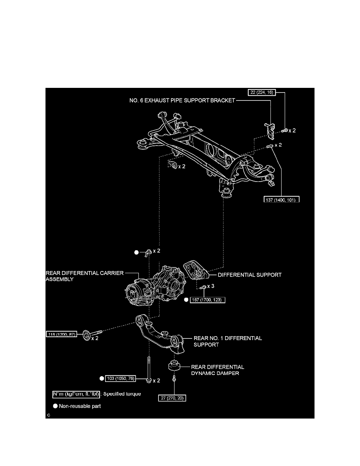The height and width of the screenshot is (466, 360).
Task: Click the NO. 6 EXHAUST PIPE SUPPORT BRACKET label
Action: [182, 100]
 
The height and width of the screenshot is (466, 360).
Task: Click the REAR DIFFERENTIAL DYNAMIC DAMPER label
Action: [218, 370]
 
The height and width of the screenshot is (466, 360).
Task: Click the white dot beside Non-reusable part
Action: [56, 406]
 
